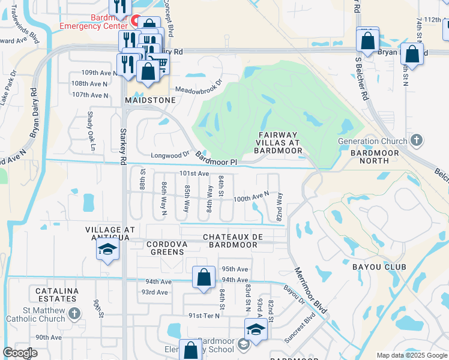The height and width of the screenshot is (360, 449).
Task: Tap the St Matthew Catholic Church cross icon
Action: (74, 313)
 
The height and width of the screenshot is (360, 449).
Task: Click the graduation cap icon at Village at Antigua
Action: (107, 250)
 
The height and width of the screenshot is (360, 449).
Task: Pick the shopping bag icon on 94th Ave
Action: (204, 277)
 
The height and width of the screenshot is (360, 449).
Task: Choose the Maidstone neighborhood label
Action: (150, 100)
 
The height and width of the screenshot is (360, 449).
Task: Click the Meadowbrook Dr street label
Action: (199, 86)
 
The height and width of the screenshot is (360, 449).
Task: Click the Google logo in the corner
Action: (20, 353)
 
